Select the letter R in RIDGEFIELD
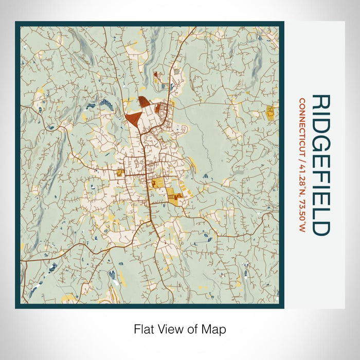pyautogui.click(x=321, y=102)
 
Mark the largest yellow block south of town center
pyautogui.click(x=173, y=195)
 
